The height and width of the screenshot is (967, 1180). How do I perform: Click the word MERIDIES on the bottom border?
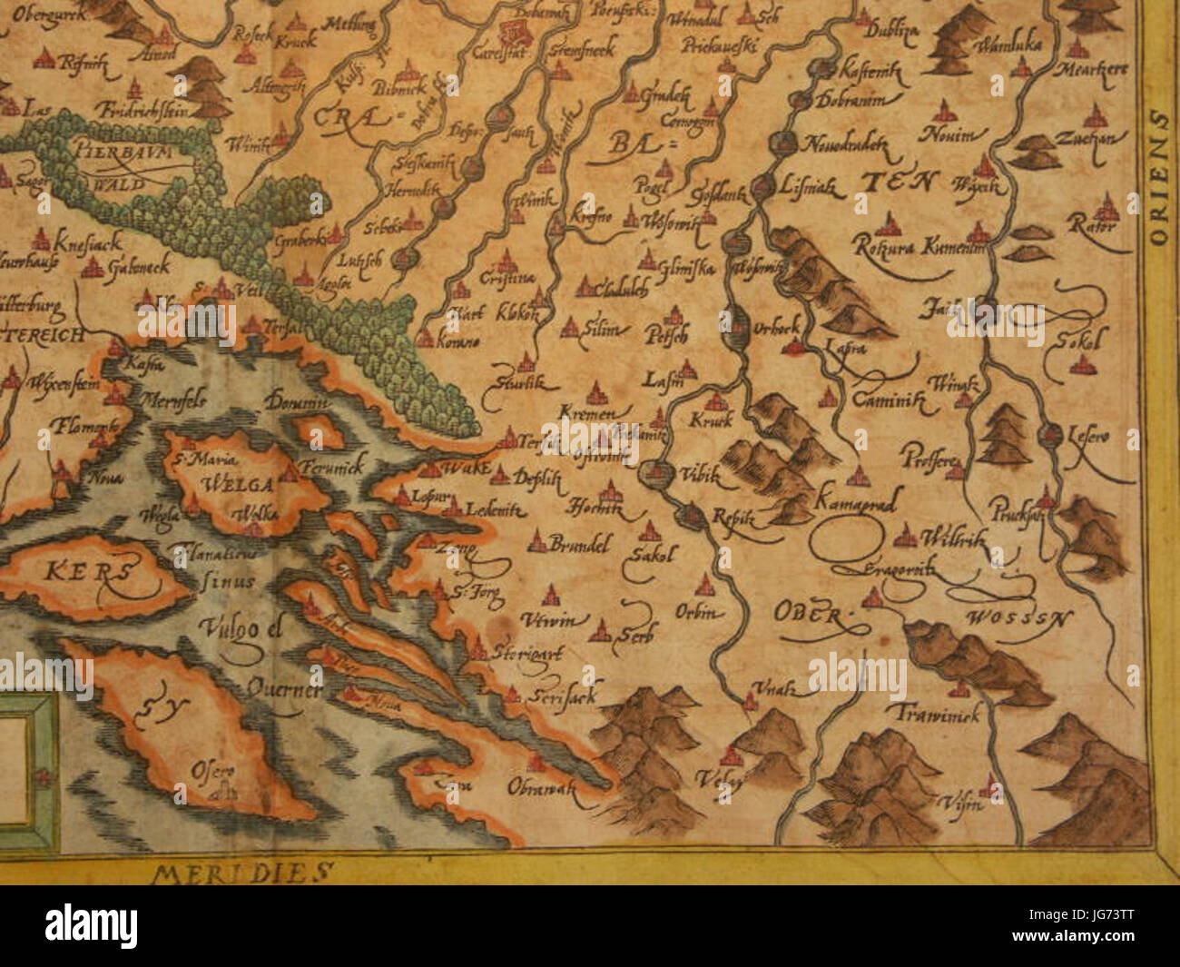tap(239, 873)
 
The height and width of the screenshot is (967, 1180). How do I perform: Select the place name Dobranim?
tap(848, 100)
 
